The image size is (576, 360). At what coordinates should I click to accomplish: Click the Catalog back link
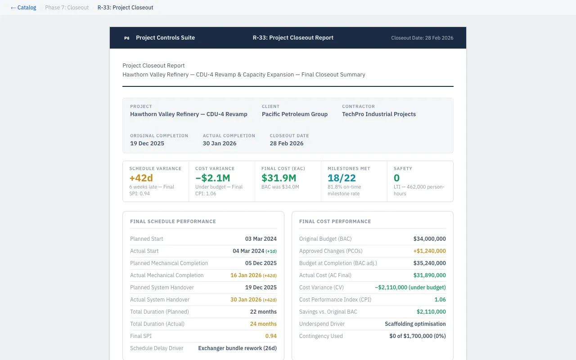(x=23, y=8)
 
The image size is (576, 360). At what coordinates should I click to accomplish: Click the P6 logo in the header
(x=126, y=38)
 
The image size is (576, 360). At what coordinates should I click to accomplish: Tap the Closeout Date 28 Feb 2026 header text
(x=422, y=38)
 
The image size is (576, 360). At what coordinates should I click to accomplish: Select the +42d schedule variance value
(x=141, y=178)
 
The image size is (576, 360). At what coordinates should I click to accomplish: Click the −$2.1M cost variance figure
(x=212, y=178)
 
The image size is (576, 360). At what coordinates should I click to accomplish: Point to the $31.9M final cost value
(x=279, y=178)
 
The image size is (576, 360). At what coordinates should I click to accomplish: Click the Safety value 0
(x=396, y=178)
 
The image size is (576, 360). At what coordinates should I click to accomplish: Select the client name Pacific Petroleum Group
(x=294, y=114)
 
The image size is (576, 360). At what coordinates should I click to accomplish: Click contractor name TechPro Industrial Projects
(x=378, y=114)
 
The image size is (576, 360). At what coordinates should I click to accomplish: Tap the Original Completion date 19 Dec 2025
(x=147, y=144)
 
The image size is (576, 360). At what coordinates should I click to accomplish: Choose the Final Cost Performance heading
(x=335, y=221)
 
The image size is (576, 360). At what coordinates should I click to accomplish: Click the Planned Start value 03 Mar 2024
(x=261, y=239)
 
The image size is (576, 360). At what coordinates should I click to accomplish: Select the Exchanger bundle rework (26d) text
(x=237, y=348)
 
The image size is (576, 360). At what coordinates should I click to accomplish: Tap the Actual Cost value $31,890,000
(x=429, y=275)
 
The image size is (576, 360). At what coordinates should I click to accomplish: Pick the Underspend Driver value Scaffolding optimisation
(x=415, y=324)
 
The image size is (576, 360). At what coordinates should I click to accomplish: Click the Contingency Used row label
(x=321, y=336)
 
